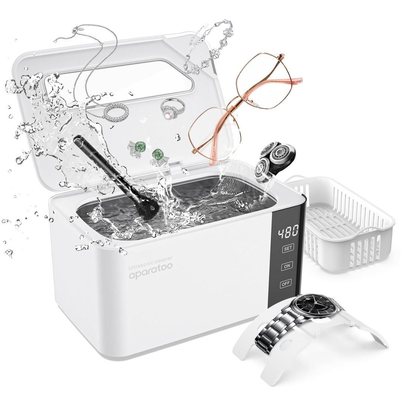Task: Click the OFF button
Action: (x=286, y=283)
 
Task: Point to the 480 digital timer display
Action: (x=288, y=232)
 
